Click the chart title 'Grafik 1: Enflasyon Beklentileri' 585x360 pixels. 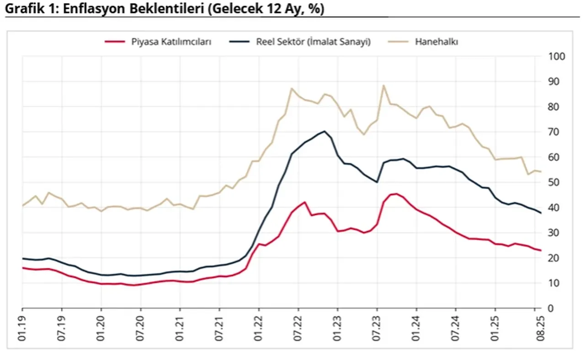pyautogui.click(x=165, y=9)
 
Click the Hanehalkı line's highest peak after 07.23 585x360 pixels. pyautogui.click(x=383, y=85)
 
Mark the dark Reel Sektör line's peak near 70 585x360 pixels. pyautogui.click(x=324, y=131)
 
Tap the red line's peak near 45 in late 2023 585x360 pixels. pyautogui.click(x=396, y=194)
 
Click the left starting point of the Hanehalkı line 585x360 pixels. pyautogui.click(x=22, y=206)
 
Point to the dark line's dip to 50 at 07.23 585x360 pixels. pyautogui.click(x=377, y=182)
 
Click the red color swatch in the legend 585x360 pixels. pyautogui.click(x=115, y=42)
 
